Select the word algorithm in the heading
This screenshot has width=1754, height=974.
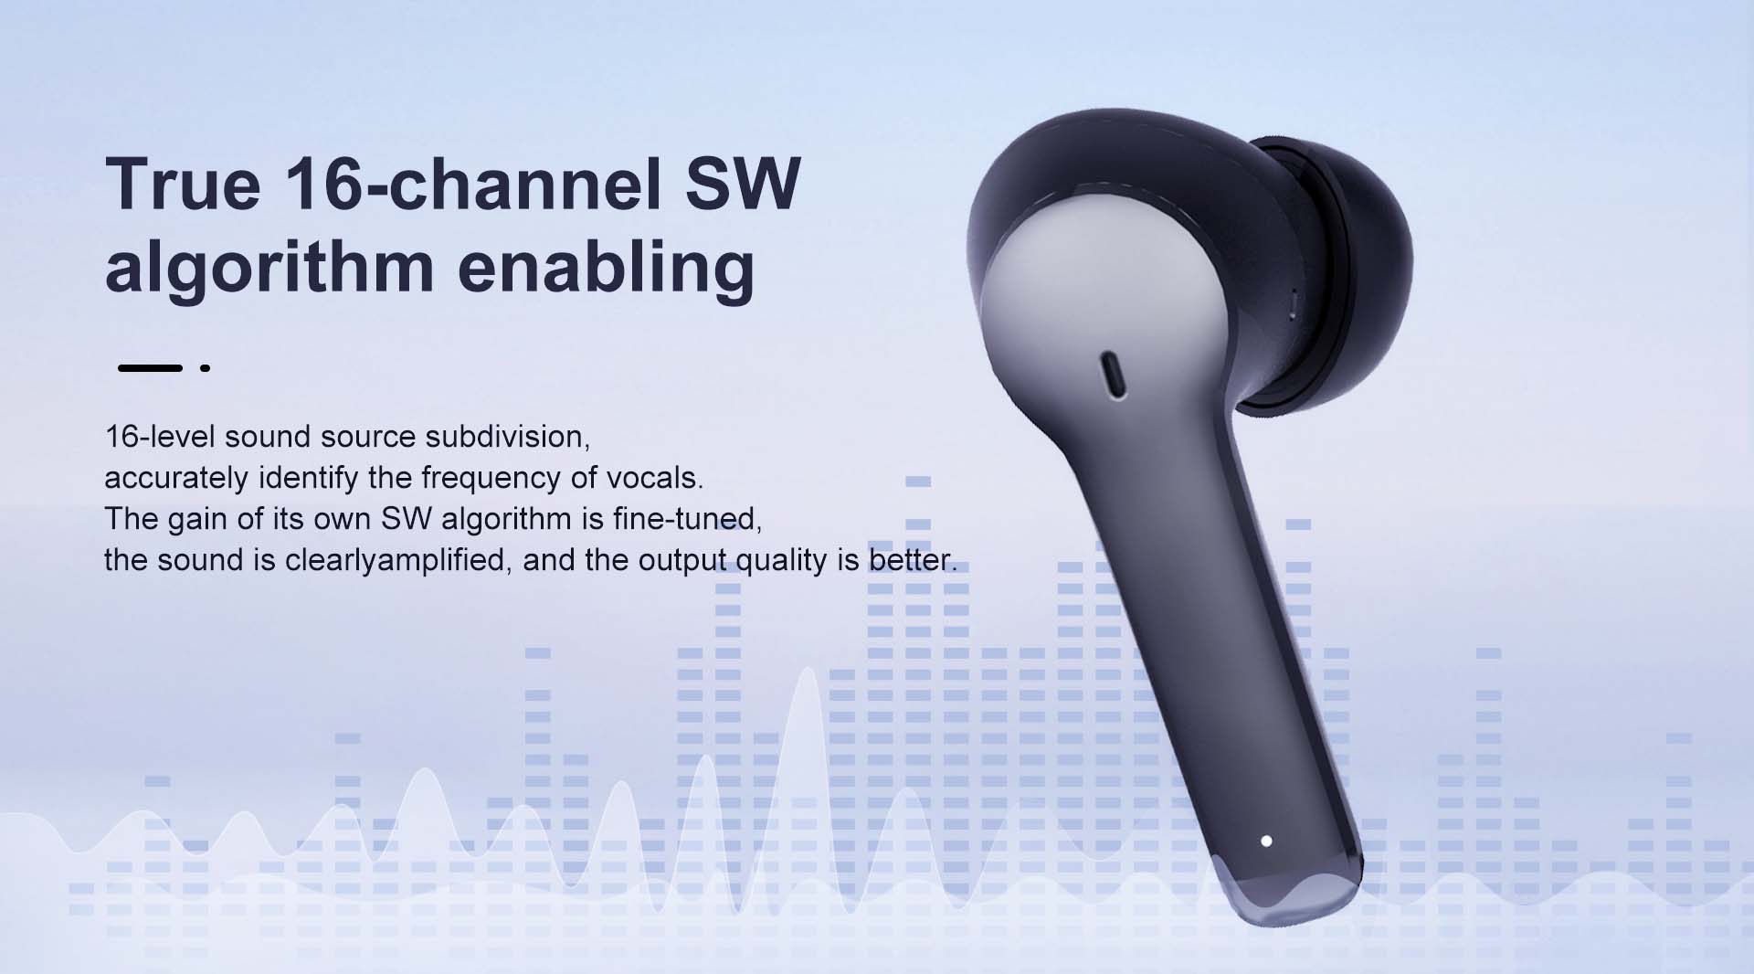point(269,267)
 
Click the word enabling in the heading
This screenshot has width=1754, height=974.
point(606,267)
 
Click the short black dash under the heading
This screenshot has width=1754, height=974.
point(150,368)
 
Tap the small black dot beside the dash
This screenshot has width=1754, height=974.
point(206,368)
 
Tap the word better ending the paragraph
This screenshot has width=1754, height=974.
point(912,560)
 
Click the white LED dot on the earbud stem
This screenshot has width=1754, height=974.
point(1266,841)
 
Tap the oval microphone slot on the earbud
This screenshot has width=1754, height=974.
point(1114,374)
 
